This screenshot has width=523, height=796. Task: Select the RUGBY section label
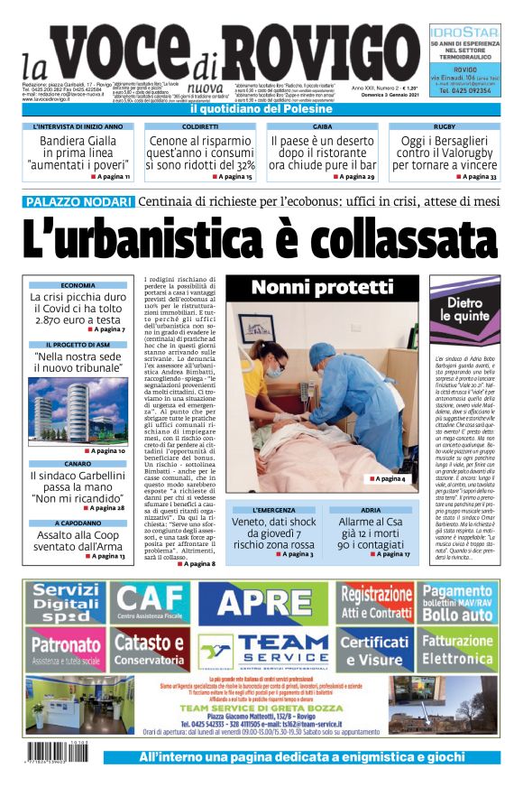[x=444, y=127]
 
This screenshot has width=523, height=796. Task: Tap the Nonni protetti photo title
[x=322, y=287]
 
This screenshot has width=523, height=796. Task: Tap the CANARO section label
[x=78, y=463]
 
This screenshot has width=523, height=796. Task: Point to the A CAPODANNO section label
[x=78, y=523]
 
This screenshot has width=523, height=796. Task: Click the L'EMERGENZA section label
[x=273, y=510]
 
